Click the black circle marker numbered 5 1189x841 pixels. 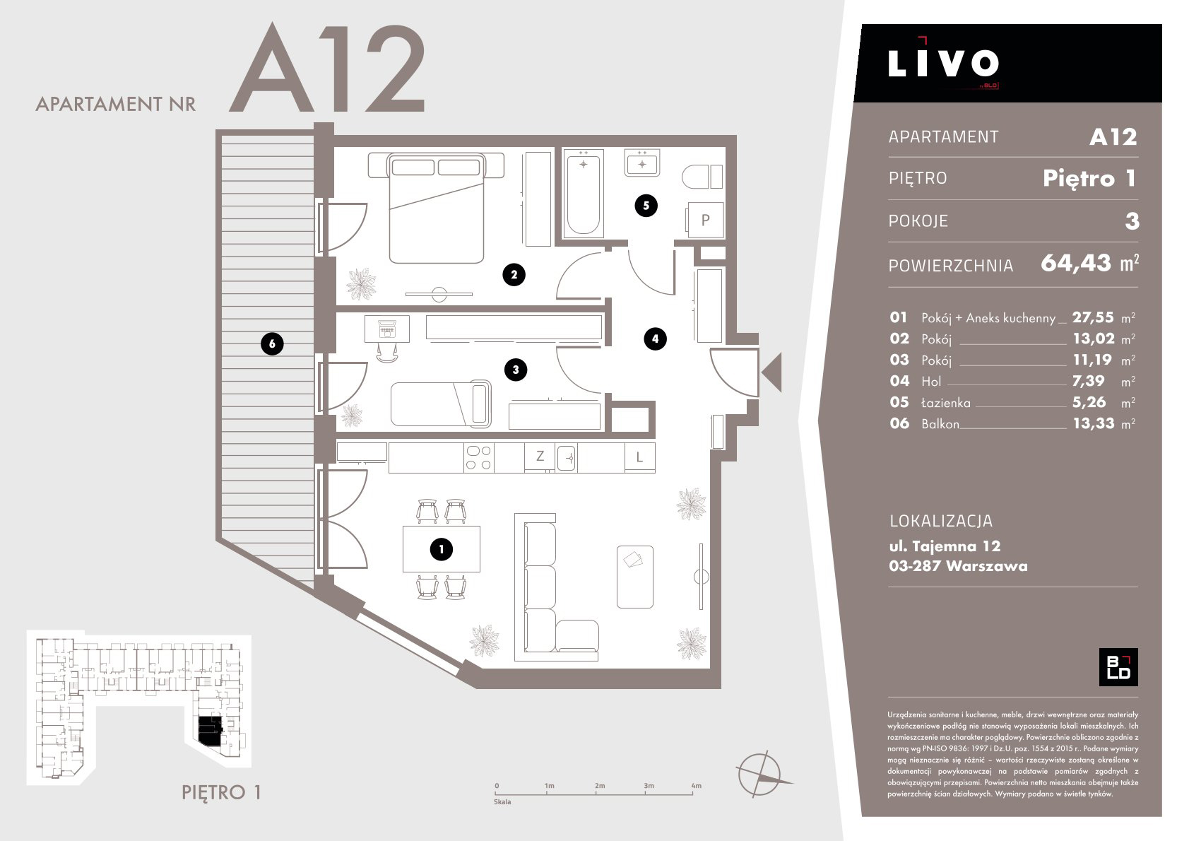tap(646, 206)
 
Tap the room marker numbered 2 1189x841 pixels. tap(514, 274)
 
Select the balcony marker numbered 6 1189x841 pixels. tap(272, 343)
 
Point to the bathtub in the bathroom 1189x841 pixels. tap(584, 193)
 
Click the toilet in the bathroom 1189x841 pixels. tap(702, 177)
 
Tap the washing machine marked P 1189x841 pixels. tap(706, 220)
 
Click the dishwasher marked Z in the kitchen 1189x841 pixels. tap(540, 456)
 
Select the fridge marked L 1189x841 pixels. tap(639, 457)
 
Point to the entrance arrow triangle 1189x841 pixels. tap(774, 372)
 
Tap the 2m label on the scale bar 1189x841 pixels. tap(600, 785)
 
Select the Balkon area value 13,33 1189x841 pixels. tap(1094, 423)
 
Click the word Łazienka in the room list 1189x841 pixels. tap(946, 403)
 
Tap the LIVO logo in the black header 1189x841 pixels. tap(943, 63)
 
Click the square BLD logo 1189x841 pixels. tap(1118, 667)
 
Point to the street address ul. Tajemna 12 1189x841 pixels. tap(945, 546)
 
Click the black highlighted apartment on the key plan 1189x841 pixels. tap(211, 731)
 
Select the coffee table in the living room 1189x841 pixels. tap(635, 577)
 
